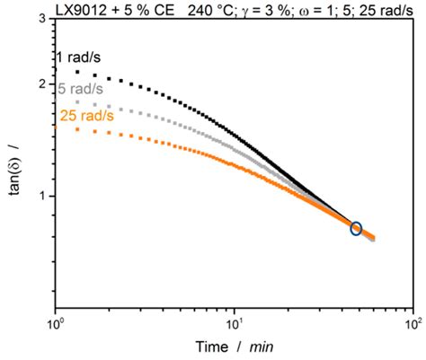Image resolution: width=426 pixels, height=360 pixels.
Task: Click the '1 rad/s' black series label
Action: [x=84, y=57]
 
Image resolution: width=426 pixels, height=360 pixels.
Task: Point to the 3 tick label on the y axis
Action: [x=42, y=19]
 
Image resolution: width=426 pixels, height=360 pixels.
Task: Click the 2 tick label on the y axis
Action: [x=42, y=84]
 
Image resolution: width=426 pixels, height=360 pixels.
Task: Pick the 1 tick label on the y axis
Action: [x=42, y=196]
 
